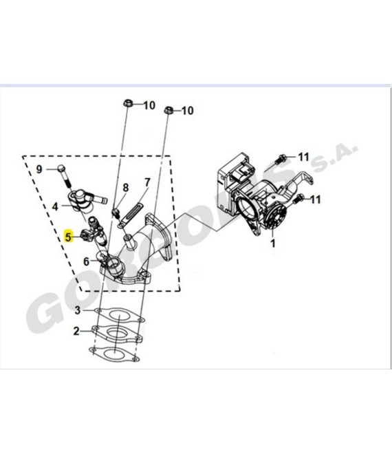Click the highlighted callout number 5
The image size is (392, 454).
click(x=68, y=237)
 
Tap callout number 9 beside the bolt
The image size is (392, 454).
click(x=39, y=169)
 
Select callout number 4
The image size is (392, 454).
click(x=55, y=207)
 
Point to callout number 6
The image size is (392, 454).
click(x=86, y=261)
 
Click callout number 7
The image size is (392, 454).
click(x=148, y=182)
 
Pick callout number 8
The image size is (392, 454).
click(x=125, y=188)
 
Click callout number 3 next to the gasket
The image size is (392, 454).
click(x=77, y=310)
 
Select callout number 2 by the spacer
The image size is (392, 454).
click(x=76, y=331)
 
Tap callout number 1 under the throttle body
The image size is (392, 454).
click(x=273, y=244)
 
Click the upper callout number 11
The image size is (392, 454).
click(x=304, y=157)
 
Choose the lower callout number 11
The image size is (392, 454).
click(x=316, y=199)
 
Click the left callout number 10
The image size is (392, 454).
click(x=149, y=105)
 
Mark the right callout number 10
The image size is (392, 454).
click(x=187, y=111)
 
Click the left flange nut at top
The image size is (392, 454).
click(x=128, y=102)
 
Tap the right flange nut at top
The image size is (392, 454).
click(x=168, y=110)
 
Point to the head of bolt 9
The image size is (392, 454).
click(x=61, y=169)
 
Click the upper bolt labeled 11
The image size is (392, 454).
click(x=281, y=159)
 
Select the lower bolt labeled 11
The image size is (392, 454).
click(x=298, y=199)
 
